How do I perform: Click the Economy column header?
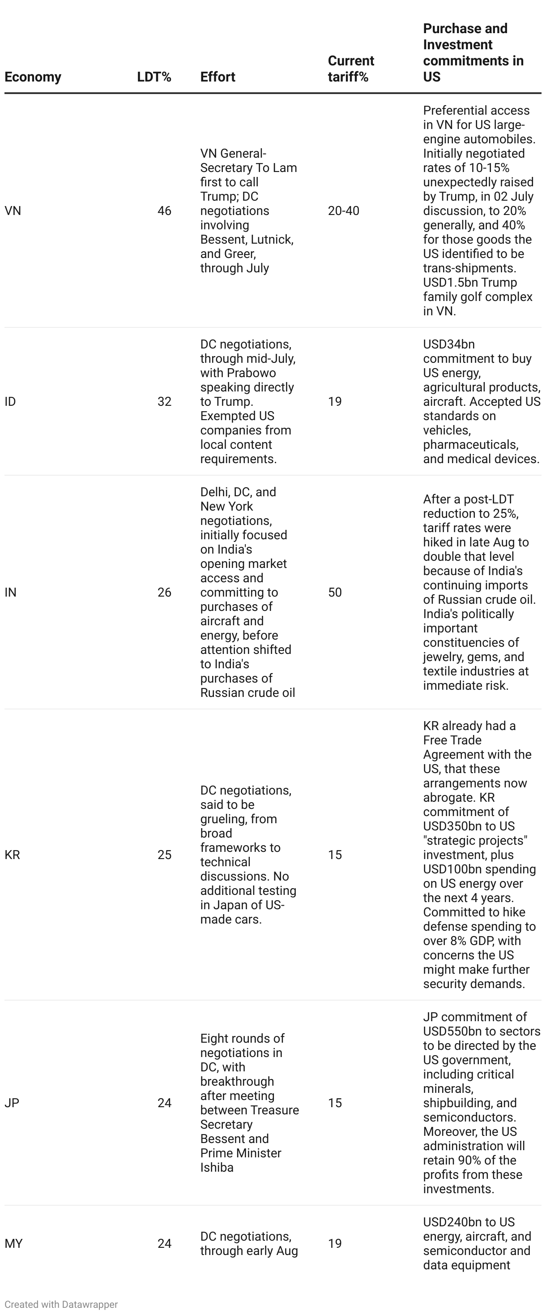33,77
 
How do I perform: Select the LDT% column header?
154,77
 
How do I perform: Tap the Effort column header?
218,77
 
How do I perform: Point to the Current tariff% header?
350,69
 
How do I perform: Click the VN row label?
13,211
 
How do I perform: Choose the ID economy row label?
10,401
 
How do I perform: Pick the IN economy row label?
10,592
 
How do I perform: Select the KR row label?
12,855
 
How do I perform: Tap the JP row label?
12,1103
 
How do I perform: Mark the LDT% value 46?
164,211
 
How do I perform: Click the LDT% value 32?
164,401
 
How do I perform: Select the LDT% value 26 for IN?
164,592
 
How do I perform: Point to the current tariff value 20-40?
343,211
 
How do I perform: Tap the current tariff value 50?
335,592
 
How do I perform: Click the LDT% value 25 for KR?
164,855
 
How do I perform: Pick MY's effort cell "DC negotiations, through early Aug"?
248,1243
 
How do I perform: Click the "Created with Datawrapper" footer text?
61,1304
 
